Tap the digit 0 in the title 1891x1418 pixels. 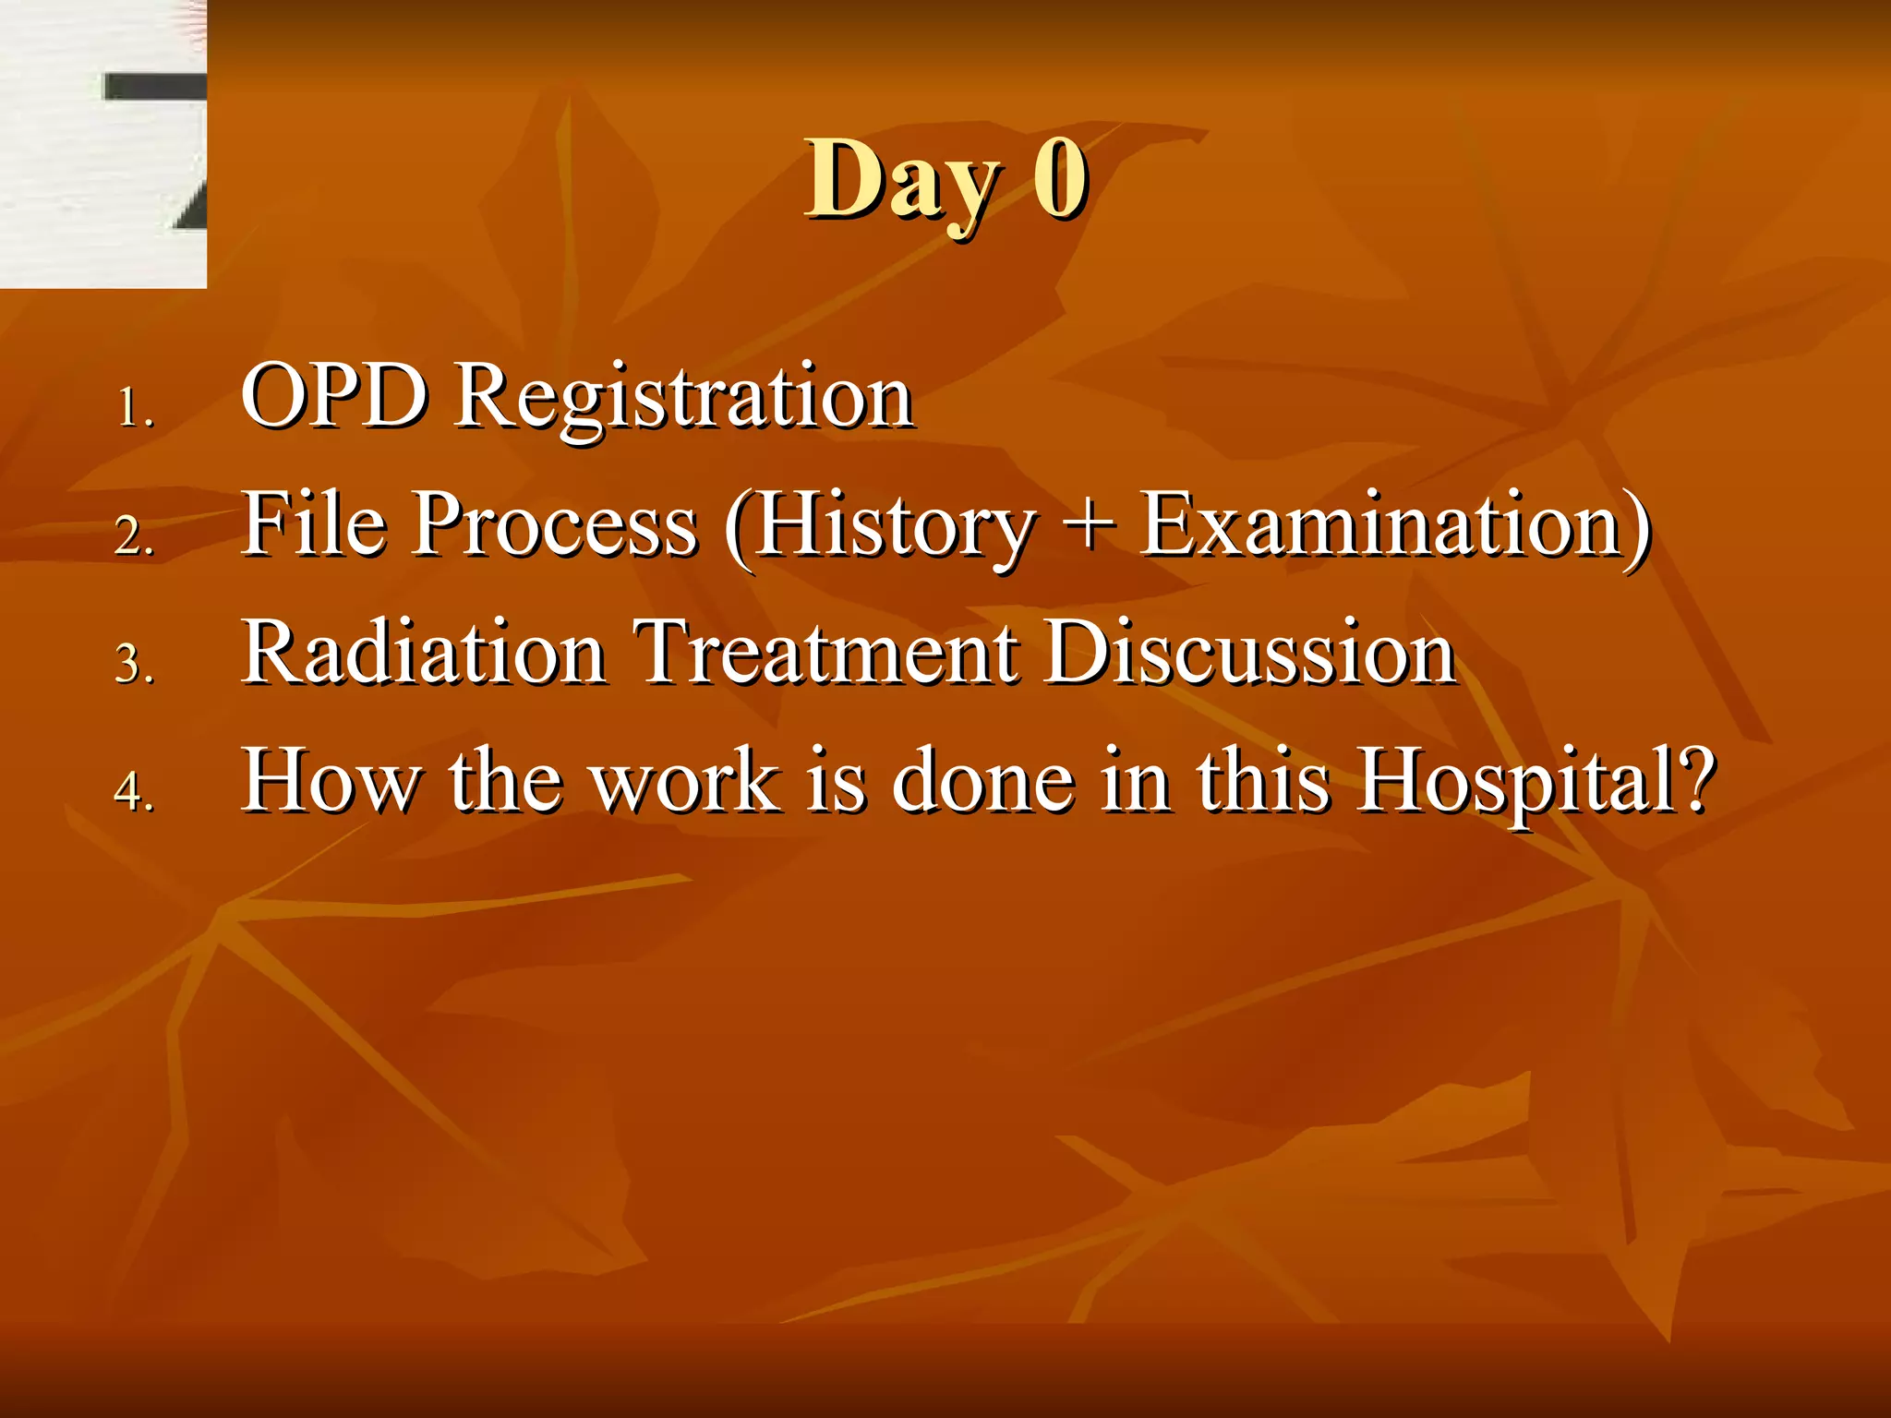pyautogui.click(x=1060, y=178)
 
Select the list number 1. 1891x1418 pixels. pyautogui.click(x=134, y=407)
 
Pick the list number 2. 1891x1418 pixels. pyautogui.click(x=134, y=535)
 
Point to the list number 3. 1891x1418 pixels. pyautogui.click(x=134, y=664)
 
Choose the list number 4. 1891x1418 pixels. pyautogui.click(x=134, y=791)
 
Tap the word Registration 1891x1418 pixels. pyautogui.click(x=684, y=399)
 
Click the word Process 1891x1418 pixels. pyautogui.click(x=555, y=525)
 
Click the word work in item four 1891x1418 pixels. pyautogui.click(x=685, y=781)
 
